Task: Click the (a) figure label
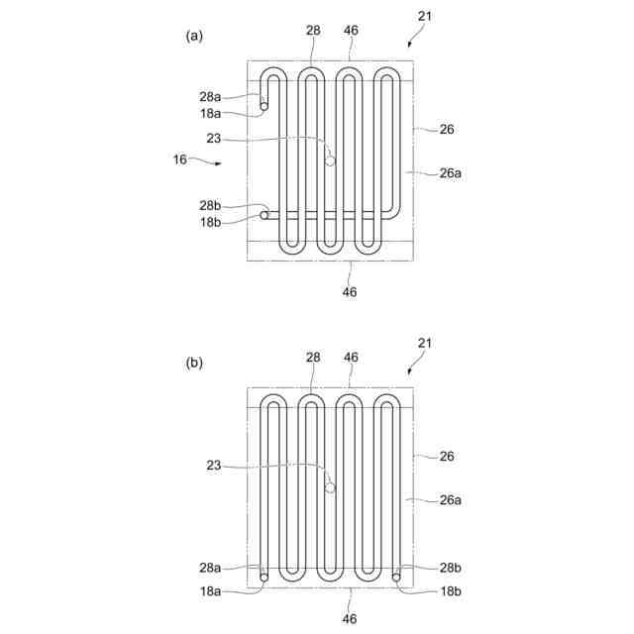[194, 36]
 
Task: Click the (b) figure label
[194, 363]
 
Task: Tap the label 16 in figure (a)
[179, 158]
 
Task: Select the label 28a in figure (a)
[210, 96]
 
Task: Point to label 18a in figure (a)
[210, 113]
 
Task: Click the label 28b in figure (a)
[210, 205]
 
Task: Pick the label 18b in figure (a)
[210, 222]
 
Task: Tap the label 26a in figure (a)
[451, 172]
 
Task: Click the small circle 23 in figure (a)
[331, 160]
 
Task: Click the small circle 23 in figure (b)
[331, 487]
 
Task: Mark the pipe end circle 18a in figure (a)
[264, 106]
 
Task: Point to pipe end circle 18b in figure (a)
[264, 214]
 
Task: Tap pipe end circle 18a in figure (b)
[264, 575]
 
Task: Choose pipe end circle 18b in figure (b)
[395, 575]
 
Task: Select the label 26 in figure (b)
[447, 457]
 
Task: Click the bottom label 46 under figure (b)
[350, 618]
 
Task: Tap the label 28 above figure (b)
[313, 358]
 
